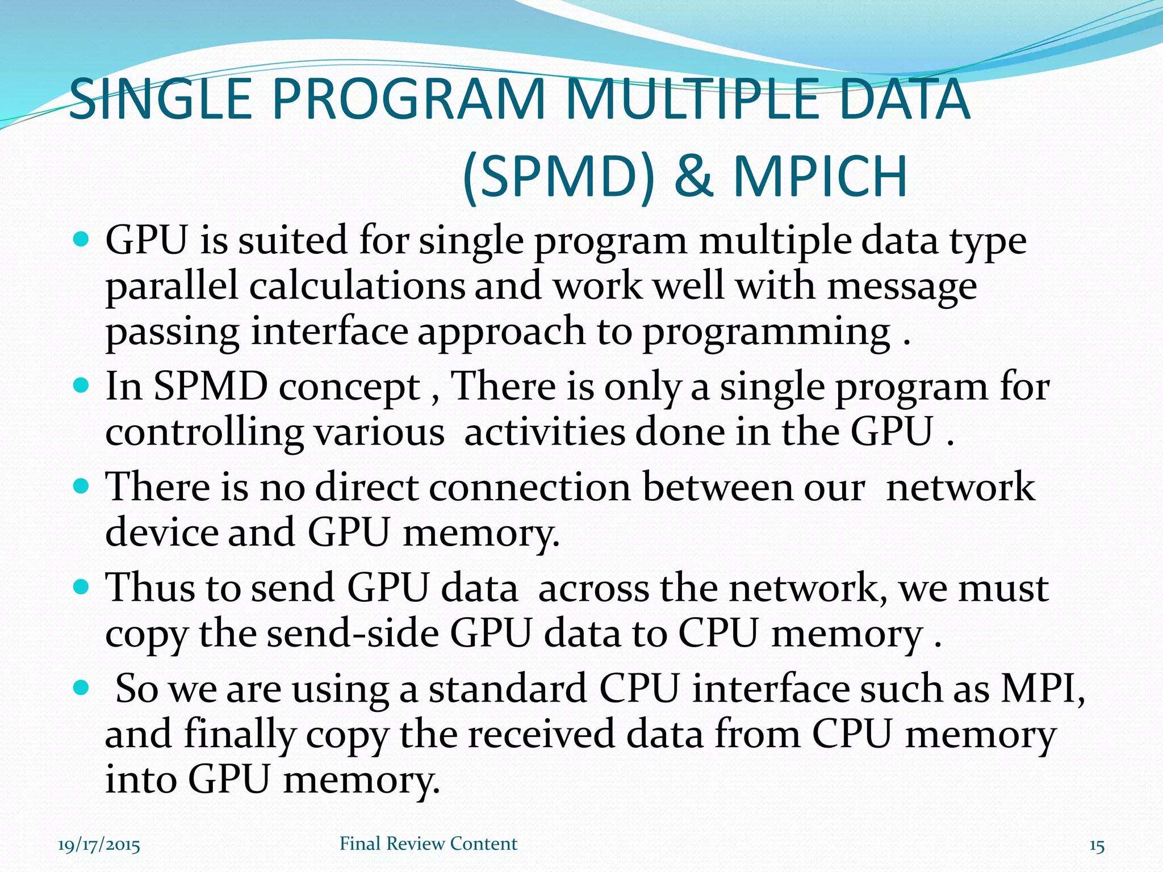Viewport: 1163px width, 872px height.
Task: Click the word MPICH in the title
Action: point(820,177)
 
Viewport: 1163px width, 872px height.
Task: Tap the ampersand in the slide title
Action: point(693,177)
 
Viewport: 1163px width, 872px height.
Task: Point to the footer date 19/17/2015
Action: point(99,845)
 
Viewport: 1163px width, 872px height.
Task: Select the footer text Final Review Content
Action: point(428,844)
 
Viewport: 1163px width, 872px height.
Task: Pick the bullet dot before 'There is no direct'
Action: point(82,487)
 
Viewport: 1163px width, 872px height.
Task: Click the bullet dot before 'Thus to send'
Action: point(82,587)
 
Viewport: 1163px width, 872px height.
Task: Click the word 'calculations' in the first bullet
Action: point(357,286)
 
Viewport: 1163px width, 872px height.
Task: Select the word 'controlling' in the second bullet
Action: point(204,433)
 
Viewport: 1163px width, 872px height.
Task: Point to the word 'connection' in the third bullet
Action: point(529,487)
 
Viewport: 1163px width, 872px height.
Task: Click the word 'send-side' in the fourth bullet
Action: point(353,633)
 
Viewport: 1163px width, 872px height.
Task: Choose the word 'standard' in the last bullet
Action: point(507,689)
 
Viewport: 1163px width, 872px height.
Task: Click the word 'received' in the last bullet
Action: point(541,734)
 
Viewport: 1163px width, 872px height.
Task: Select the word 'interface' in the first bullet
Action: point(329,331)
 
